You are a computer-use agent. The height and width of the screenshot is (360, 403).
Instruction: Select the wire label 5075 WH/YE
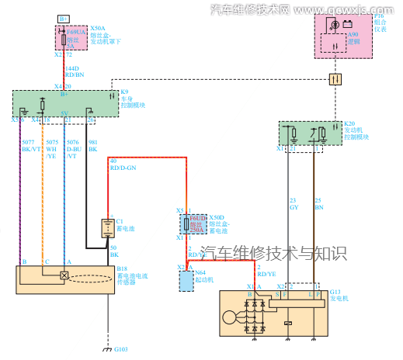tap(51, 149)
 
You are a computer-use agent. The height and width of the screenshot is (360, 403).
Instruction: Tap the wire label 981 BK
tap(93, 146)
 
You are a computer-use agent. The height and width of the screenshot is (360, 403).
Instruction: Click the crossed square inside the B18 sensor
tap(64, 276)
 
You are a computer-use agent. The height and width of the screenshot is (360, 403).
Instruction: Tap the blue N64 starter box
tap(186, 280)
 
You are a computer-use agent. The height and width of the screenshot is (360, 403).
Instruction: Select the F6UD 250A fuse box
tap(196, 226)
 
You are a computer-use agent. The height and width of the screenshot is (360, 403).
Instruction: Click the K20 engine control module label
tap(357, 129)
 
